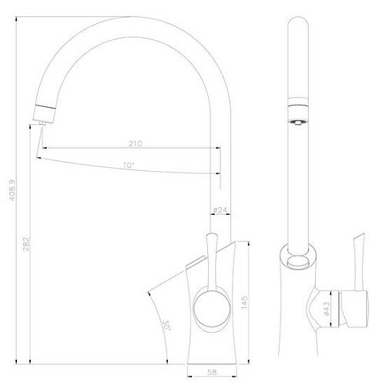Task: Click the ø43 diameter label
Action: (x=327, y=307)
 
